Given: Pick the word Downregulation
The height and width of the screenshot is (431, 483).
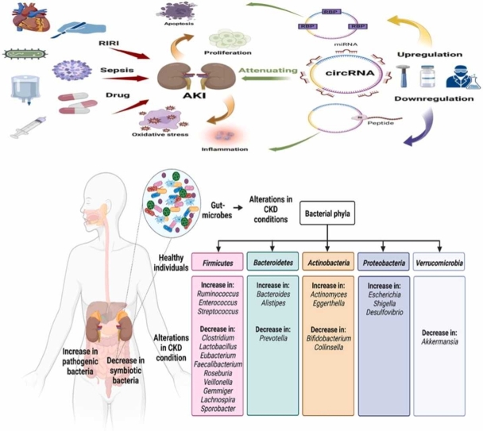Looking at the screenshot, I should click(x=431, y=102).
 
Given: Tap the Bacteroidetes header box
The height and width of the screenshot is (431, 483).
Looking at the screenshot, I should click(x=270, y=260).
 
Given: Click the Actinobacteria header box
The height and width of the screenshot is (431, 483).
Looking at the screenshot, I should click(x=327, y=260).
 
